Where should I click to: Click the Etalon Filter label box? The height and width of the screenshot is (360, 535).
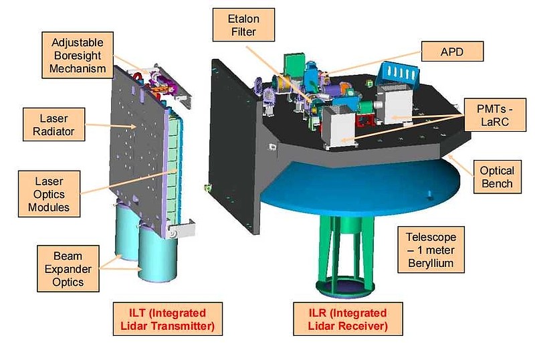(243, 25)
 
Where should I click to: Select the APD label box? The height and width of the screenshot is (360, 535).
(453, 52)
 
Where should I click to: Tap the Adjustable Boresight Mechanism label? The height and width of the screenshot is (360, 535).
(78, 56)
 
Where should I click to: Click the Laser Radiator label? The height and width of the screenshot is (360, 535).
(54, 124)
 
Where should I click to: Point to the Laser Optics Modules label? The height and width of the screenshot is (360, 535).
(49, 194)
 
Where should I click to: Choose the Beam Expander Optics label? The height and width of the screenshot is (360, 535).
(68, 269)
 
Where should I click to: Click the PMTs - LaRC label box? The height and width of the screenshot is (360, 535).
(495, 115)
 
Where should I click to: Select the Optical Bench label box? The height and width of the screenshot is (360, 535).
(497, 177)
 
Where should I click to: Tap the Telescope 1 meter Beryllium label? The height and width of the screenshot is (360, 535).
(431, 250)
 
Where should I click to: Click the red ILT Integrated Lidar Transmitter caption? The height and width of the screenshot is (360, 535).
(168, 319)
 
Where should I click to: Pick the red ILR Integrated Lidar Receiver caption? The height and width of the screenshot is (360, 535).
(348, 319)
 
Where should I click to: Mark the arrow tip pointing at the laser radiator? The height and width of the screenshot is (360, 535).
(136, 126)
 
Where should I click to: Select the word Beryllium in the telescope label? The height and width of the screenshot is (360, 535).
(431, 263)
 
